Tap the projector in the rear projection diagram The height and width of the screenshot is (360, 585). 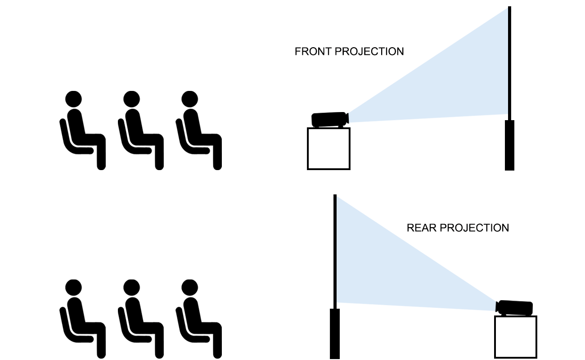[515, 308]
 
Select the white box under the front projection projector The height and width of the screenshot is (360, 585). [328, 148]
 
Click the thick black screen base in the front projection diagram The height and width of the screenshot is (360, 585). [509, 145]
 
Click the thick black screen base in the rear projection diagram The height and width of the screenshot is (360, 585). [334, 333]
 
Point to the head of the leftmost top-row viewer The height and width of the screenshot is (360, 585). [73, 99]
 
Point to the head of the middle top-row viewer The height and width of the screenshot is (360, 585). [131, 99]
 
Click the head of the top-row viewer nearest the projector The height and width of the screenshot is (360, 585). [189, 99]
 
